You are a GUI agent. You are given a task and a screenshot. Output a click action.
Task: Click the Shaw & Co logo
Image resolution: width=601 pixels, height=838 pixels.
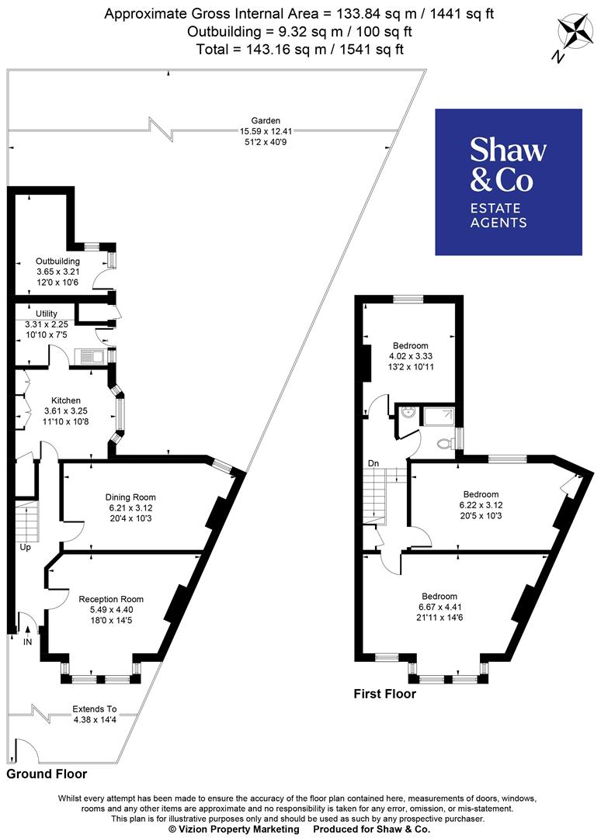click(x=508, y=182)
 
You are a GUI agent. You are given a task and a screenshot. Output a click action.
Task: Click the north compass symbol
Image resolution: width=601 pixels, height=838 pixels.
click(x=575, y=35)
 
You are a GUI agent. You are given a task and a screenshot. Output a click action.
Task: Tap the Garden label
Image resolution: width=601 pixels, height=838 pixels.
click(x=259, y=121)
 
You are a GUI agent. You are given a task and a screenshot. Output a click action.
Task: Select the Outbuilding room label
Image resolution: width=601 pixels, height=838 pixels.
click(x=57, y=261)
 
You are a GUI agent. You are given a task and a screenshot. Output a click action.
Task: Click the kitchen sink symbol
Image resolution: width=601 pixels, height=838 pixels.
click(x=89, y=357)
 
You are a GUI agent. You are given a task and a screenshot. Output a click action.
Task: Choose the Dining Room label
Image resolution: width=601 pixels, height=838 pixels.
click(x=130, y=497)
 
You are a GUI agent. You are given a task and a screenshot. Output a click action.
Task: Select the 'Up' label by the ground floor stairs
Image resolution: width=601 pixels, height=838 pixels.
click(x=26, y=546)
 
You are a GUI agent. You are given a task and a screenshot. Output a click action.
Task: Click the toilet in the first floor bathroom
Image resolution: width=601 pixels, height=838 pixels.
click(x=443, y=445)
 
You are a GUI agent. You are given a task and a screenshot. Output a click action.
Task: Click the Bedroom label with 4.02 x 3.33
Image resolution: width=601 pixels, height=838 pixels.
click(x=410, y=346)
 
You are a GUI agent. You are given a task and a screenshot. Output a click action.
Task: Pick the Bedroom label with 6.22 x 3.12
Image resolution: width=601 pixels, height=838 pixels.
click(x=481, y=494)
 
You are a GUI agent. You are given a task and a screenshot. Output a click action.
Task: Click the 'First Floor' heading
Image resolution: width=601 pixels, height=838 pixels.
click(x=384, y=694)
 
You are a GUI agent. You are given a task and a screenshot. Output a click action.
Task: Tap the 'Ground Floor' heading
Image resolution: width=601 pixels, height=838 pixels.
click(x=47, y=774)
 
